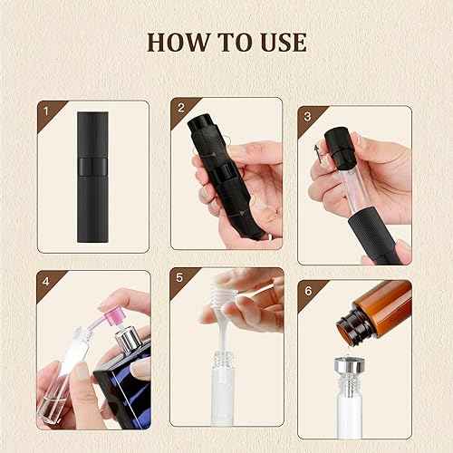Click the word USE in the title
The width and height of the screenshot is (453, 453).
point(278,42)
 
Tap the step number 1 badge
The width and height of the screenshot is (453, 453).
point(44,112)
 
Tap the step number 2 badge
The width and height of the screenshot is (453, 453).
point(181,110)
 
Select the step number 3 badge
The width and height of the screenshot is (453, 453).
point(308,117)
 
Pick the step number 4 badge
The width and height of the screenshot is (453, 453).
point(45,280)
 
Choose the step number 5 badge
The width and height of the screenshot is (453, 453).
point(181,280)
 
